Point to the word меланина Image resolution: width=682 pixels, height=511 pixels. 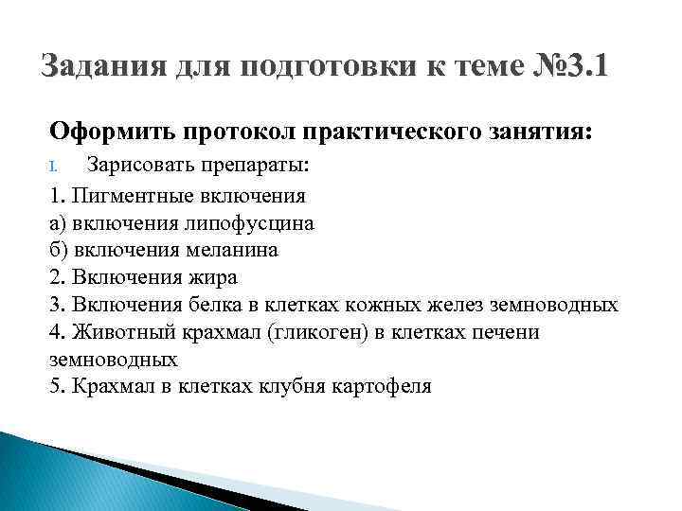(233, 250)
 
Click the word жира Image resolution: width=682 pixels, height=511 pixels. (213, 277)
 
